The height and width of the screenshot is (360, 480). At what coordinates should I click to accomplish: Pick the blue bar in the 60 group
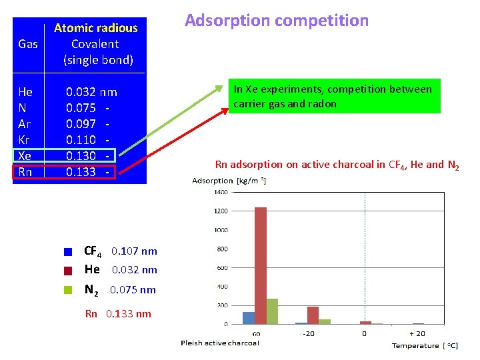[249, 317]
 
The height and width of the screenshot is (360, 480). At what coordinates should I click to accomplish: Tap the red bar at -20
[312, 315]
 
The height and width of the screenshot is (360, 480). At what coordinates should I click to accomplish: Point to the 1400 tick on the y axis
[220, 192]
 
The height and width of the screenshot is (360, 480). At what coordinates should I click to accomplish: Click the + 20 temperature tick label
[417, 333]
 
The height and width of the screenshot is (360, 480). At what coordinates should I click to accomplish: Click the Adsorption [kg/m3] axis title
[229, 181]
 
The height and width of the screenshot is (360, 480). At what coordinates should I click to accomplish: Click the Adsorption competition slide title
[276, 21]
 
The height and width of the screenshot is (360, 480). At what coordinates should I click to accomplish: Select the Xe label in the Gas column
[25, 156]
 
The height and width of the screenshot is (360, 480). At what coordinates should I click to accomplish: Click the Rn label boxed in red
[25, 172]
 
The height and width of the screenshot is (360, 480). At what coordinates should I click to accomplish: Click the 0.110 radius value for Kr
[81, 140]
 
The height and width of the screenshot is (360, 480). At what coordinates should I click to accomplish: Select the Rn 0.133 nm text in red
[118, 314]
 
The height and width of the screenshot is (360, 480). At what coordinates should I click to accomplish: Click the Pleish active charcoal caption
[220, 343]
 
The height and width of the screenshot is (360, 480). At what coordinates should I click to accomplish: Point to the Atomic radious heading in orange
[95, 28]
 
